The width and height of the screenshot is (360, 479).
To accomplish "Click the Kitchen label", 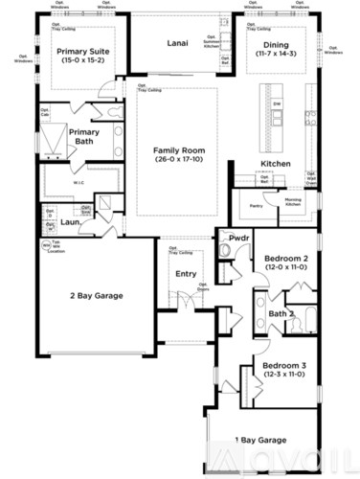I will pyautogui.click(x=276, y=165).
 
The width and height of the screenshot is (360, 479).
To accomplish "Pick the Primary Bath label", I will pyautogui.click(x=83, y=137).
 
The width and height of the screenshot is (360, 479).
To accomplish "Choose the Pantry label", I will pyautogui.click(x=256, y=205).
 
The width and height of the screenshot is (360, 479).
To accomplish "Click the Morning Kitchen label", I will pyautogui.click(x=292, y=202).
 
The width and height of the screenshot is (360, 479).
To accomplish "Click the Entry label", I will pyautogui.click(x=186, y=275).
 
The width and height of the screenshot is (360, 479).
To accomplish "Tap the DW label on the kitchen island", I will pyautogui.click(x=277, y=103).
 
